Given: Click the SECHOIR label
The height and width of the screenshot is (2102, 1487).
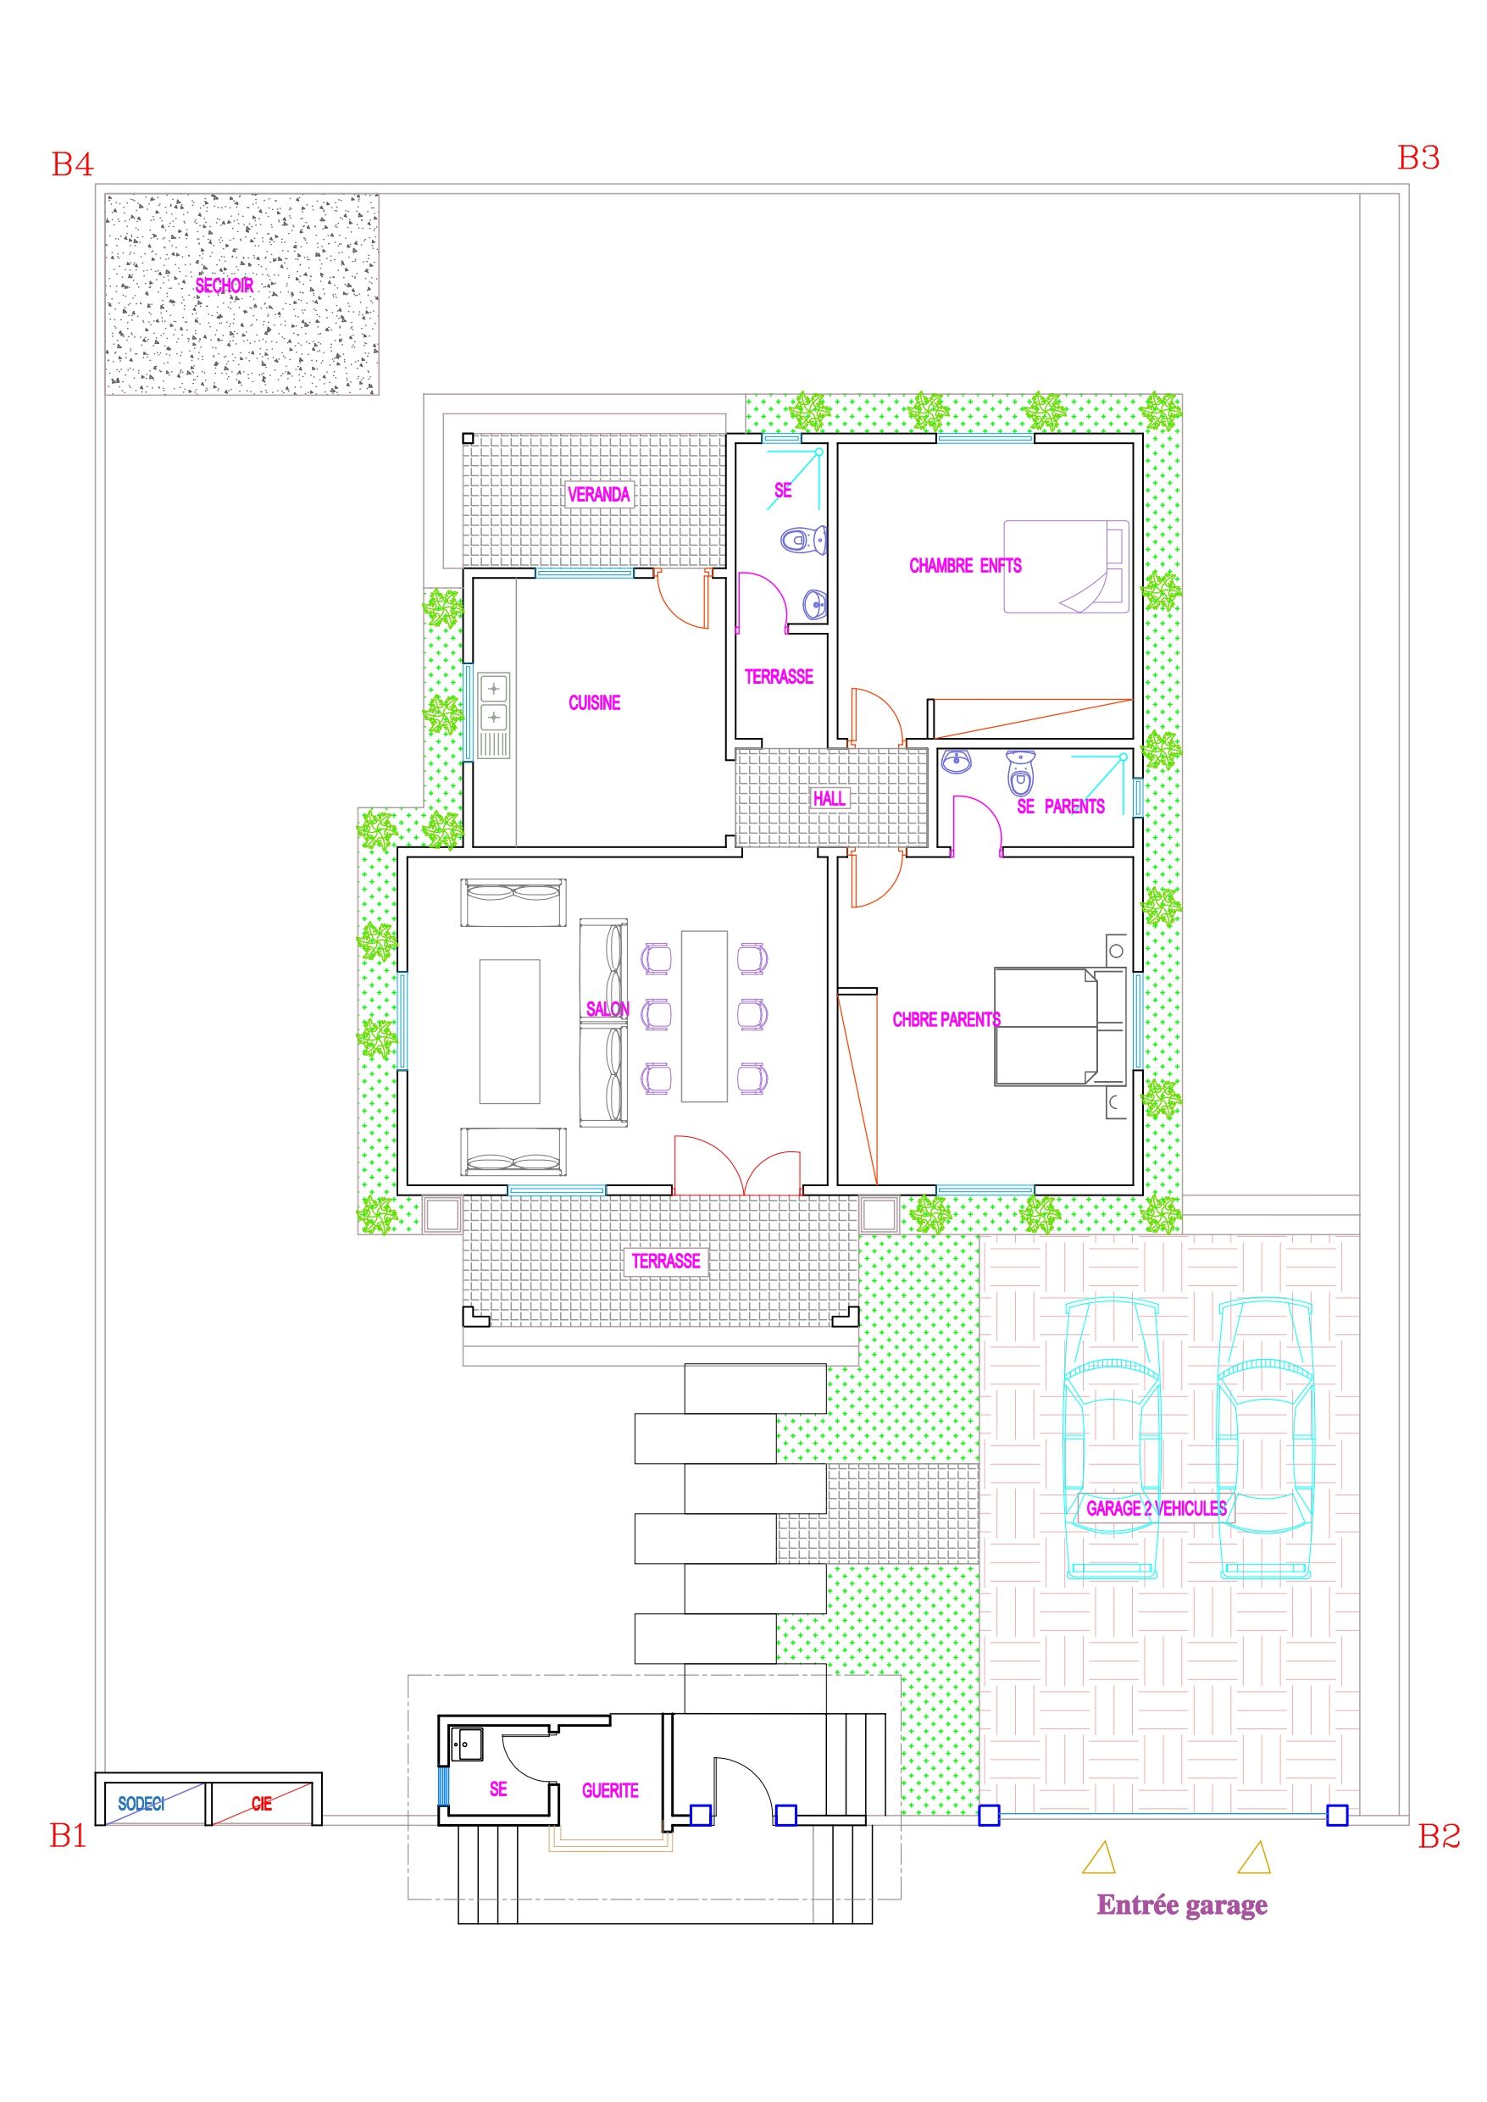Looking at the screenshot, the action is point(225,286).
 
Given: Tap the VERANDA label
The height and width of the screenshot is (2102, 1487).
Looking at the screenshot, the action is point(599,495).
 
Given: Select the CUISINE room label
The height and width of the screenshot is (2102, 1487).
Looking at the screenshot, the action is point(594,703).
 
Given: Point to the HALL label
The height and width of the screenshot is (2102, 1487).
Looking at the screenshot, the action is point(830,798).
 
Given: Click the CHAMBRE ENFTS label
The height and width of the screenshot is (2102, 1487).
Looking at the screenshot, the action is point(965,566).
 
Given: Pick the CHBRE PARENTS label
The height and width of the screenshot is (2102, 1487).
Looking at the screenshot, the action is point(946,1019).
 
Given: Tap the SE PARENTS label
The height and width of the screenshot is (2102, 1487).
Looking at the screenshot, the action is point(1061,807).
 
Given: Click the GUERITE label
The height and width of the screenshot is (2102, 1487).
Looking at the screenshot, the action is point(610,1791).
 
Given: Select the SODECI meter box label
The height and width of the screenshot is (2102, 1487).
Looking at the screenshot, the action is point(141,1804).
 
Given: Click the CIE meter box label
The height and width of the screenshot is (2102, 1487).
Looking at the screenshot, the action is point(262,1805).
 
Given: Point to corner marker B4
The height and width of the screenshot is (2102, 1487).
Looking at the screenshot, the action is point(72,165).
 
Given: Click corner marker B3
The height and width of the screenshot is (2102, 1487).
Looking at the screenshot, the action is point(1418,158).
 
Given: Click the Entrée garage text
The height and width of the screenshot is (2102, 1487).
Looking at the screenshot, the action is point(1182,1905).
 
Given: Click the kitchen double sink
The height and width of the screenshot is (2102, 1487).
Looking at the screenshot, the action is point(493,702).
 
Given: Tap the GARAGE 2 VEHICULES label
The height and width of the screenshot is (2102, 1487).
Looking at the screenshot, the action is point(1157,1509).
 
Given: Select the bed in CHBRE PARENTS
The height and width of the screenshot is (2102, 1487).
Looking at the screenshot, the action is point(1061,1026).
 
